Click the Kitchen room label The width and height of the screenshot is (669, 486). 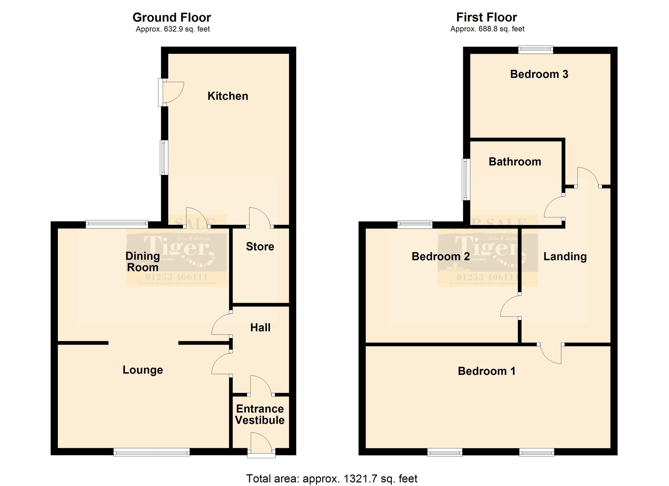pos(228,96)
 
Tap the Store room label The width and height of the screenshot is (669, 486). pos(260,246)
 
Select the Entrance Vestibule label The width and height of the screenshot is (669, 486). pos(260,414)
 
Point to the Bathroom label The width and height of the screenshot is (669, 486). pos(515,162)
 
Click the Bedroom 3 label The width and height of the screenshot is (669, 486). pos(539,74)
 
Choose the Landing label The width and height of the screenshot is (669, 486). pos(565,257)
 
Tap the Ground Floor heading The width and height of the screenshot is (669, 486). pos(172,17)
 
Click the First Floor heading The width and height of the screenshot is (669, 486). pos(486,17)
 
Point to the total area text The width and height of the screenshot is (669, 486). pos(331,478)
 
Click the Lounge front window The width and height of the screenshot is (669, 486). pos(151,452)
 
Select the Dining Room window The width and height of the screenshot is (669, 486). pos(117,224)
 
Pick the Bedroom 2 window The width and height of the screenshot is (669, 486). pos(415,224)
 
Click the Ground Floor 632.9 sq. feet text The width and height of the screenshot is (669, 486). pos(173,29)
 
